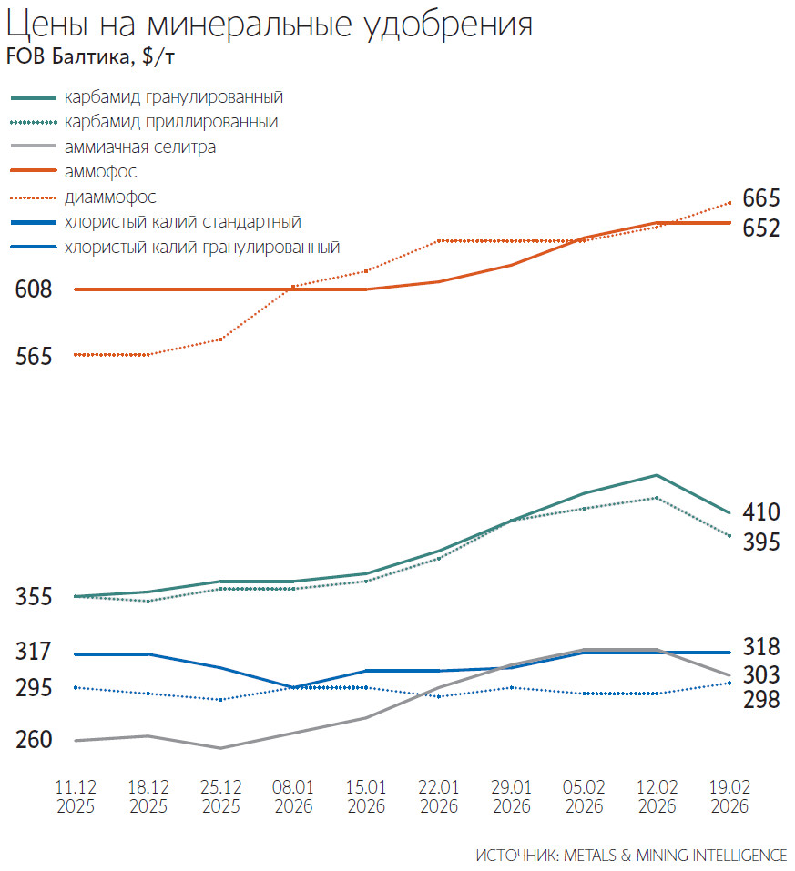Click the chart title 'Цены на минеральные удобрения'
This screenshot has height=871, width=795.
(270, 25)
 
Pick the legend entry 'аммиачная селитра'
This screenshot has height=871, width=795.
(140, 146)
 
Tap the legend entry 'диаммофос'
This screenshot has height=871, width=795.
(110, 197)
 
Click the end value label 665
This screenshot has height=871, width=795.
(760, 198)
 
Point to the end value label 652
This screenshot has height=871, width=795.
(760, 228)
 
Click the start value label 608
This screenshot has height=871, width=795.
(34, 289)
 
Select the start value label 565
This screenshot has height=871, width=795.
(34, 356)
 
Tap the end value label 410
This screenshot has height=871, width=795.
(760, 511)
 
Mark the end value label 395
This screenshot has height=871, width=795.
(760, 542)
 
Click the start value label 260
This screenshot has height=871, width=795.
(34, 741)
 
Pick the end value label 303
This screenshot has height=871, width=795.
(760, 675)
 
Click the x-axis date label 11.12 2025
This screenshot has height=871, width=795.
(76, 796)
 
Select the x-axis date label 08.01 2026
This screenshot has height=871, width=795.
(293, 796)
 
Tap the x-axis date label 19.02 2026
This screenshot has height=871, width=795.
(729, 796)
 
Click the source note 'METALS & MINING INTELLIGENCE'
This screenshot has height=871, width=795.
(675, 855)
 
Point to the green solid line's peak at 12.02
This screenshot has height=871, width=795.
(657, 475)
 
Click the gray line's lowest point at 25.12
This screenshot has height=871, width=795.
(220, 748)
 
